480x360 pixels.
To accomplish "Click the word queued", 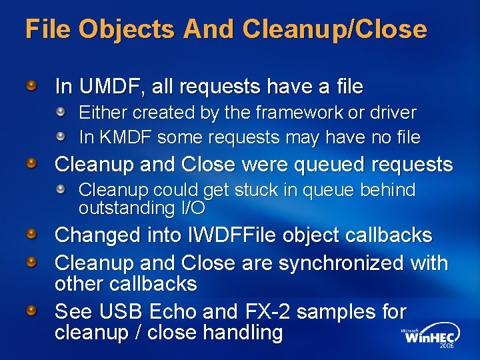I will [x=323, y=165].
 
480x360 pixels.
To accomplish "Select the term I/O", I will [x=193, y=208].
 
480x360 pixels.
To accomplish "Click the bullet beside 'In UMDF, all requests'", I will [x=33, y=85].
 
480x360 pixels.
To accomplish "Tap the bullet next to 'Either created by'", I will [x=61, y=112].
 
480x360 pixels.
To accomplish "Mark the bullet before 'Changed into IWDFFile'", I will [x=33, y=234].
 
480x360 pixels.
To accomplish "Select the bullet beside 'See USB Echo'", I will [x=33, y=311].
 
